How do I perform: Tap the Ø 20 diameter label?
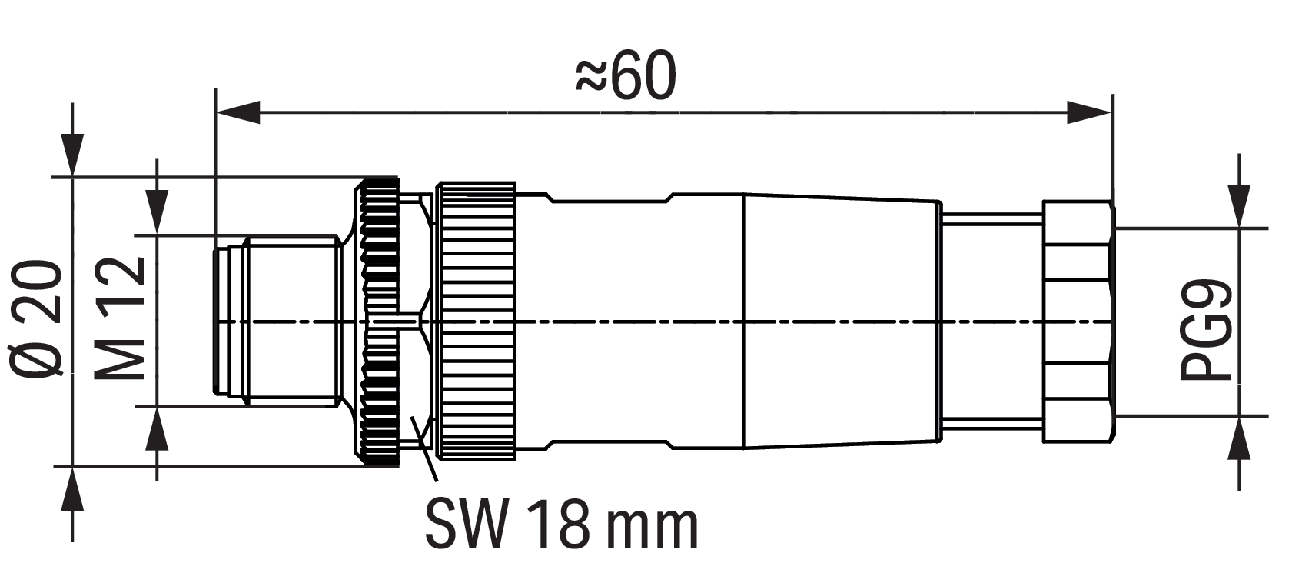(36, 318)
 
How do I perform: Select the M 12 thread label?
(119, 318)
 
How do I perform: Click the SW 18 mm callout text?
(561, 526)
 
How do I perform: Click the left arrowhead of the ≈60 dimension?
(237, 112)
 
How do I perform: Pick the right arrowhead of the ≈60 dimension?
(1089, 112)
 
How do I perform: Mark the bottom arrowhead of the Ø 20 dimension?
(72, 489)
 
